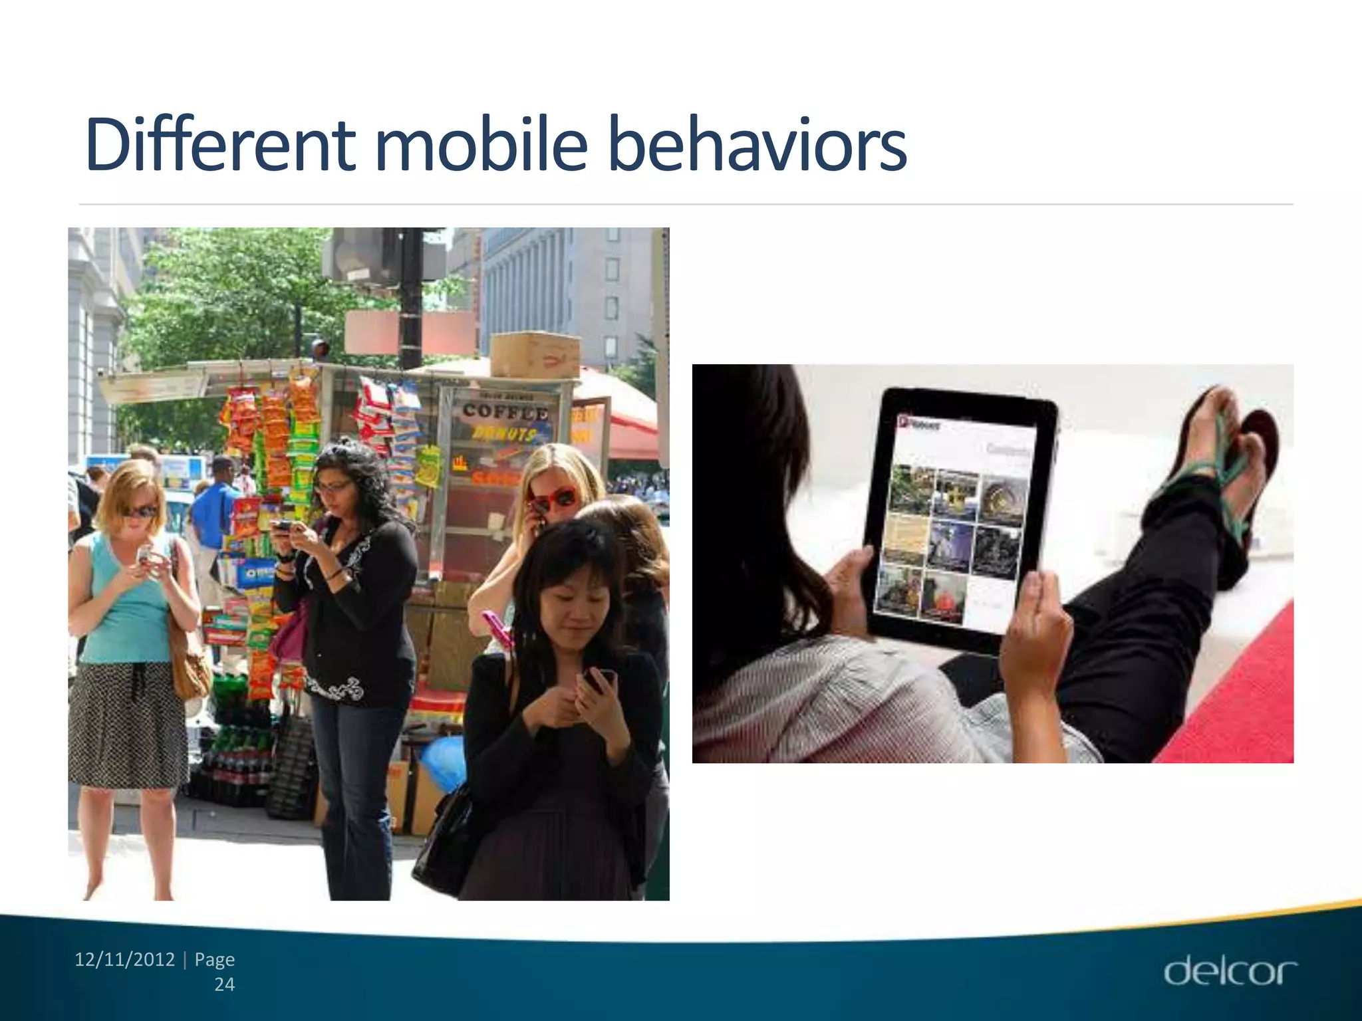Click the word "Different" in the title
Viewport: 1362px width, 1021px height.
[219, 144]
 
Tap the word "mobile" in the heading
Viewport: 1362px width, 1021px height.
[481, 144]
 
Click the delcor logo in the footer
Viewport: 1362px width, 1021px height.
[1230, 972]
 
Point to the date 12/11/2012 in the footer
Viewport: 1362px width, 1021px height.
[124, 959]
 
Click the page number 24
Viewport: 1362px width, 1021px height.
[224, 984]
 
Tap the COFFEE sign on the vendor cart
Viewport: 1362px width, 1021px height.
[505, 411]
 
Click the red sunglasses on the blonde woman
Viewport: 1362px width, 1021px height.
[553, 499]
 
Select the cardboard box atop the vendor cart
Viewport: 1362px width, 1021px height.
[535, 354]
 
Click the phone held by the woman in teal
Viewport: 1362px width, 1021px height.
[144, 554]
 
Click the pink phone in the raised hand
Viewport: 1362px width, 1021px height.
[497, 629]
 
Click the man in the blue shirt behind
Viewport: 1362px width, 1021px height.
[216, 505]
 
